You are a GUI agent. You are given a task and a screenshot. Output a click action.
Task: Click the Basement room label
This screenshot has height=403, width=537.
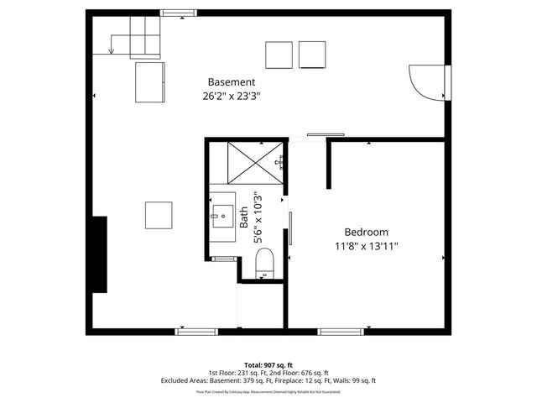click(x=232, y=81)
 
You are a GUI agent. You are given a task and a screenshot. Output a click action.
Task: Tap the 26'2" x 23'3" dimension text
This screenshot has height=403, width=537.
click(x=232, y=96)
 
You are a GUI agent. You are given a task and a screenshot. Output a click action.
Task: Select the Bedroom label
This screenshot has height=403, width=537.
click(x=366, y=233)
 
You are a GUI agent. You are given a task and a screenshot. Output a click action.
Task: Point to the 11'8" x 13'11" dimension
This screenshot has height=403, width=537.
click(x=366, y=247)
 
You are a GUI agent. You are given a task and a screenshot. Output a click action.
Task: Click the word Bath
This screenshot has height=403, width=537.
click(x=244, y=219)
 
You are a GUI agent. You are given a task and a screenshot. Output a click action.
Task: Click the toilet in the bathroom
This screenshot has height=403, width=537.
click(x=263, y=263)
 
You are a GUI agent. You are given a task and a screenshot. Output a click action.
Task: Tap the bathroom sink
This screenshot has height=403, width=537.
click(x=223, y=215)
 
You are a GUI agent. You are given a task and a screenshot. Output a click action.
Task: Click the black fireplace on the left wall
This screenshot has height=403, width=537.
click(x=100, y=254)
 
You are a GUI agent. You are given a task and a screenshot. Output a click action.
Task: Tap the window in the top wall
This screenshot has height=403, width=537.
click(x=174, y=13)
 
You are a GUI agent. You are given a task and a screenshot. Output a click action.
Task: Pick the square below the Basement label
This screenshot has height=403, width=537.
click(x=159, y=214)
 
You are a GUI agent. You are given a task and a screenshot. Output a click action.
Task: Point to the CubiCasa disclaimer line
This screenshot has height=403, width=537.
click(x=268, y=391)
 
